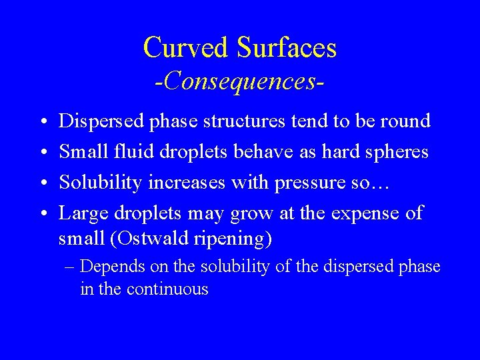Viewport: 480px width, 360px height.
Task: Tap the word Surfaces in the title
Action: point(286,47)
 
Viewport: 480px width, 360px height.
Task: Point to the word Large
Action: point(81,214)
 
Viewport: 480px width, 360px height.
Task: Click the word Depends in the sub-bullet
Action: point(111,267)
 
